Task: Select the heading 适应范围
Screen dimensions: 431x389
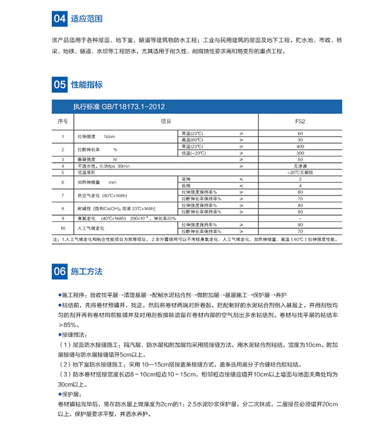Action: pos(83,19)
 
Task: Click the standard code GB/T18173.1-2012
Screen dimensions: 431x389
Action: pos(118,106)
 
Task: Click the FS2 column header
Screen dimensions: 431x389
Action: pos(300,122)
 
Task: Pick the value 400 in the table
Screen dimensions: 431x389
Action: pos(300,146)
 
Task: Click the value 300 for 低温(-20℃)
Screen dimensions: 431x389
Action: pos(300,153)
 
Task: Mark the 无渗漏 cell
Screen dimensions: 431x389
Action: pos(300,166)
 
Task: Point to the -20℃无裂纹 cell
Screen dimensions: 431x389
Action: pos(300,172)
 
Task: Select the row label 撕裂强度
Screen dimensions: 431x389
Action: pos(86,159)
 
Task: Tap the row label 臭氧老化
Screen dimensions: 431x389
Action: pos(86,218)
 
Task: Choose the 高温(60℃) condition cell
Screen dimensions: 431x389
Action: pos(192,140)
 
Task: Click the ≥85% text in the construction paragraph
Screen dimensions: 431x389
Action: pos(68,325)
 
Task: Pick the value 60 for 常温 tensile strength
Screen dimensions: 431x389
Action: pos(300,133)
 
